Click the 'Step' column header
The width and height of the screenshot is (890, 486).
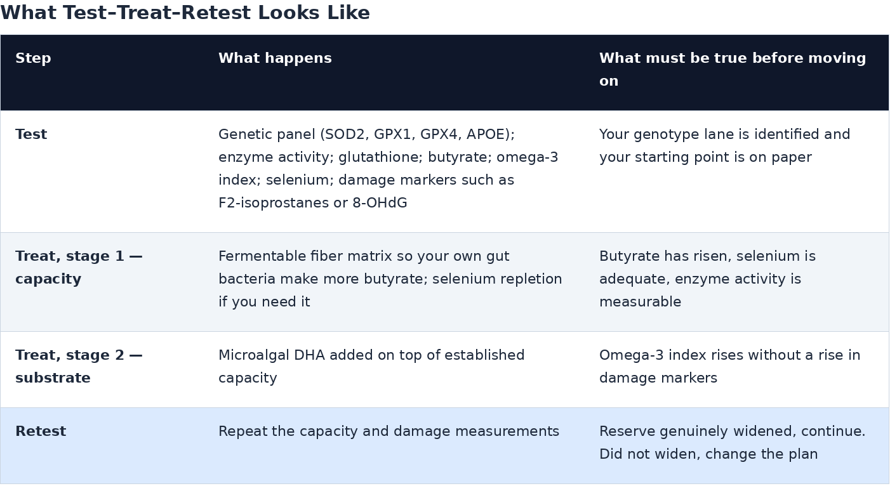[x=33, y=58]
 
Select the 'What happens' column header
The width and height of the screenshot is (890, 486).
[x=275, y=58]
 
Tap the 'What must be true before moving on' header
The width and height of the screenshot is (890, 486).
[x=733, y=70]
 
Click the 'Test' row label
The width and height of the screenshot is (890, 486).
[x=31, y=135]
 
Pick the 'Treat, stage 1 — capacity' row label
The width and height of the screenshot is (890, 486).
[x=79, y=267]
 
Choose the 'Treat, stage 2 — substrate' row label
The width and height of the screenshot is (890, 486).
[x=79, y=366]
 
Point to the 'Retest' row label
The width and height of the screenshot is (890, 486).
[x=41, y=431]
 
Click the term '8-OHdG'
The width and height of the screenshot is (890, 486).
[x=380, y=203]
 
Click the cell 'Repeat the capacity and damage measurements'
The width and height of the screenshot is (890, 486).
[x=389, y=431]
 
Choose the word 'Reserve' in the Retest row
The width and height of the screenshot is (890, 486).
[x=627, y=431]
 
